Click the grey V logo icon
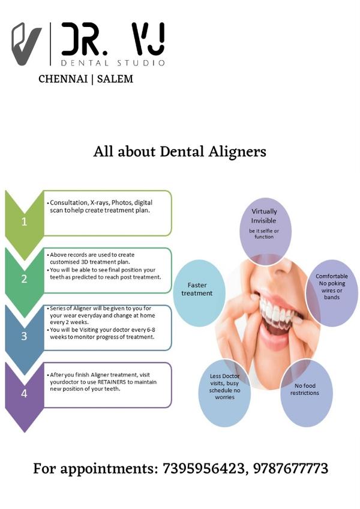(x=26, y=44)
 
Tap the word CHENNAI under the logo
(x=63, y=79)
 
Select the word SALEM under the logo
(x=115, y=79)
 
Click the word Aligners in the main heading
(x=237, y=152)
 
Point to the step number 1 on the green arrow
(x=24, y=221)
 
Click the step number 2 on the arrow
(x=24, y=279)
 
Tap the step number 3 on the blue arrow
(x=24, y=336)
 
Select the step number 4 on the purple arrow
(x=24, y=393)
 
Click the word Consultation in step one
(x=69, y=202)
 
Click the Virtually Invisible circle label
(x=264, y=216)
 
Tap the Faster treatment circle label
(x=197, y=289)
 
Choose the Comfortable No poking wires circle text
(x=331, y=287)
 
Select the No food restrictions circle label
(x=304, y=389)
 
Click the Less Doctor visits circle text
(x=224, y=387)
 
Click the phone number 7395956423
(x=203, y=468)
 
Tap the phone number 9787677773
(x=290, y=468)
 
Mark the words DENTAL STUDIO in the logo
(x=113, y=62)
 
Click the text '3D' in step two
(x=85, y=262)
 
